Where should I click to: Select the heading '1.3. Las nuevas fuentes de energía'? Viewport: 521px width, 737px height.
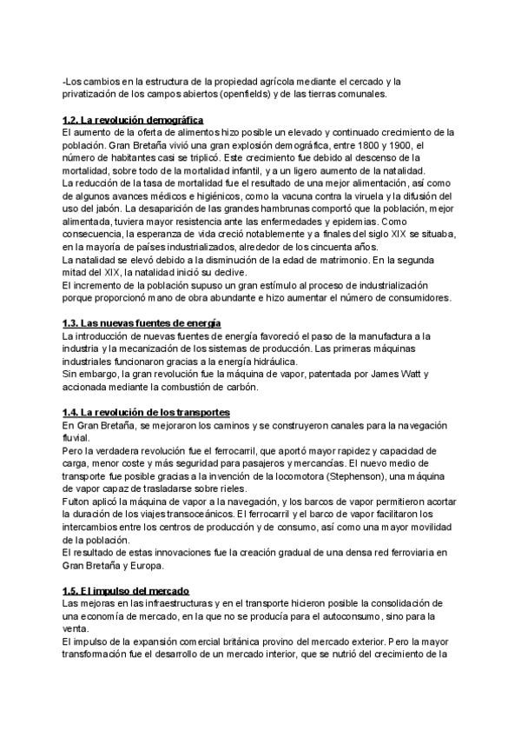[x=142, y=323]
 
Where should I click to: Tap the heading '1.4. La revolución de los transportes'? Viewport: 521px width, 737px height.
[x=147, y=411]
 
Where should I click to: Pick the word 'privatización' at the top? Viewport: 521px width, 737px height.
[x=92, y=94]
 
